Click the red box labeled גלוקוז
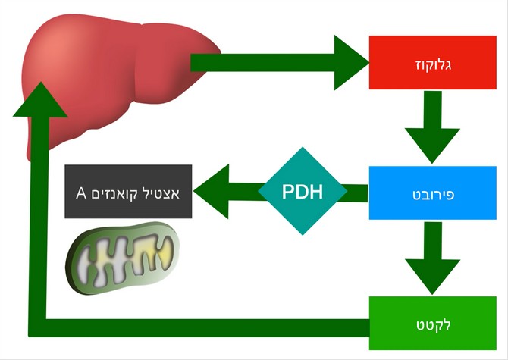(432, 62)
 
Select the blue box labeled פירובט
(432, 193)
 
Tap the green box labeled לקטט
(432, 324)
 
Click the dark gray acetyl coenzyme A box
(128, 191)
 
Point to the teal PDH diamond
(302, 191)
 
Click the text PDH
(302, 191)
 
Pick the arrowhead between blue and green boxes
(433, 274)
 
